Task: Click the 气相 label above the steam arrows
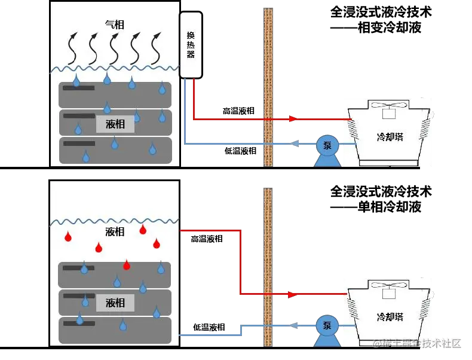click(x=114, y=24)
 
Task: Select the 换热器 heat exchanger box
click(x=192, y=45)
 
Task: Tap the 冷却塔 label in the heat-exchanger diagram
click(x=390, y=136)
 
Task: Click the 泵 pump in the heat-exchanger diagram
click(x=327, y=145)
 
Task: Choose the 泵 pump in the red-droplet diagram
click(x=327, y=326)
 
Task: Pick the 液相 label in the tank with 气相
click(x=115, y=124)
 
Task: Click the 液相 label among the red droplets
click(x=114, y=231)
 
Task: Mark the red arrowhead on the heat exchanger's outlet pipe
click(x=293, y=118)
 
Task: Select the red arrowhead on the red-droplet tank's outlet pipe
click(x=292, y=295)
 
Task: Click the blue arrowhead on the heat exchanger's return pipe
click(x=295, y=143)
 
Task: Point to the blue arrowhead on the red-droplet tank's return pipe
click(x=293, y=325)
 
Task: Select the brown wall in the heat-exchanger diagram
click(x=268, y=84)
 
